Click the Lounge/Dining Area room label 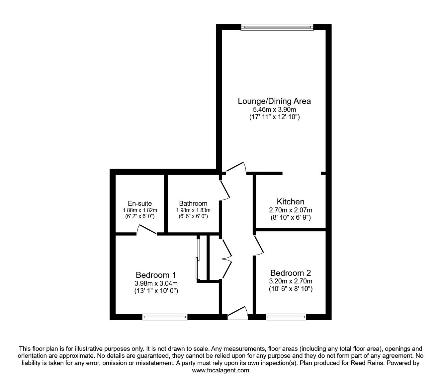274,101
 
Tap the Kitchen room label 291,201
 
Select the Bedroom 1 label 156,275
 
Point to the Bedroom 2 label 291,273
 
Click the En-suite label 140,203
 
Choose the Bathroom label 193,203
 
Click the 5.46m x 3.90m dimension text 274,109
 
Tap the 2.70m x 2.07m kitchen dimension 291,210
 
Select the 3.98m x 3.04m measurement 156,283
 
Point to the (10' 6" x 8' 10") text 291,289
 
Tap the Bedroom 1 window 165,317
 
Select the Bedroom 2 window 286,317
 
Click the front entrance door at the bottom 238,314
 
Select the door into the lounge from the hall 236,168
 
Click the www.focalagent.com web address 220,370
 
